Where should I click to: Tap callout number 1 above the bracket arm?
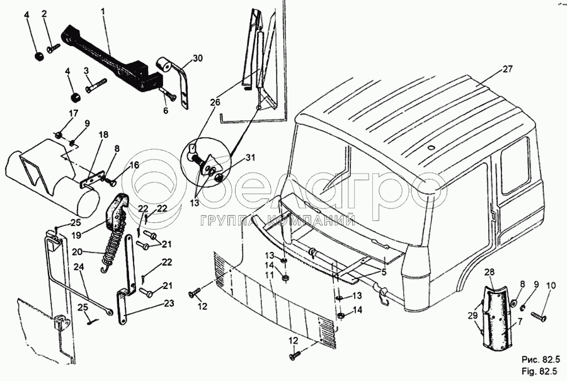coord(104,12)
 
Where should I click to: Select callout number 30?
coord(198,59)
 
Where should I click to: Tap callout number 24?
coord(79,266)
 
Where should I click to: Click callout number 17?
coord(73,114)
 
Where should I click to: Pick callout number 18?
coord(103,134)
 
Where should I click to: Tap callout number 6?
coord(166,110)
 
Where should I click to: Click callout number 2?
coord(44,13)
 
